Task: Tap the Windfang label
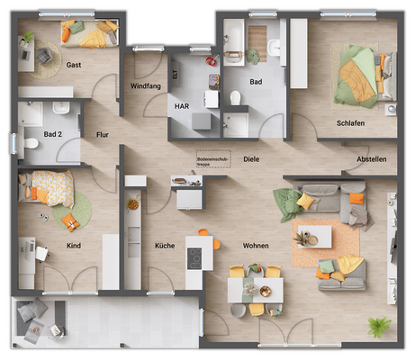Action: (x=145, y=85)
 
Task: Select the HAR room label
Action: (x=182, y=105)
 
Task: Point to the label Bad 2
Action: (x=53, y=134)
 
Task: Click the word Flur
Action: (x=103, y=135)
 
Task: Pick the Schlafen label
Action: (x=350, y=123)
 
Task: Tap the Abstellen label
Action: (x=372, y=159)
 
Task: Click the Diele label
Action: (x=251, y=159)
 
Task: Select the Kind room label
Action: (x=74, y=245)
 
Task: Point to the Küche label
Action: (x=164, y=245)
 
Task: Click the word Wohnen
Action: (x=257, y=245)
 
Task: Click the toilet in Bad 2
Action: (x=31, y=143)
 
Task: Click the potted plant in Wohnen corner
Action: (x=377, y=328)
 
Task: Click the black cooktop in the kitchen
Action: (x=194, y=258)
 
